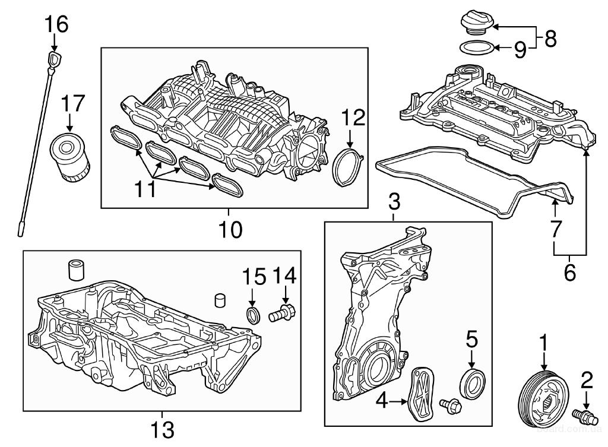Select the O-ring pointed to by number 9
[x=476, y=47]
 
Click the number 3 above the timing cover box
[x=394, y=203]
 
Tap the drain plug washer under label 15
[x=254, y=314]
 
